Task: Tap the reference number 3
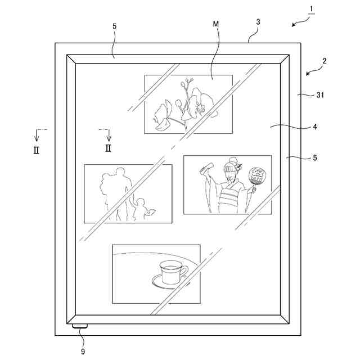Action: point(258,22)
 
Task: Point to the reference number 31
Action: point(320,95)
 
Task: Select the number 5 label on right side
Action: point(315,158)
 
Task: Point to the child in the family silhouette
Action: point(139,208)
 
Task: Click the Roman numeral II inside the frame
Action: point(108,148)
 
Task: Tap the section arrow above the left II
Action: point(37,135)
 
